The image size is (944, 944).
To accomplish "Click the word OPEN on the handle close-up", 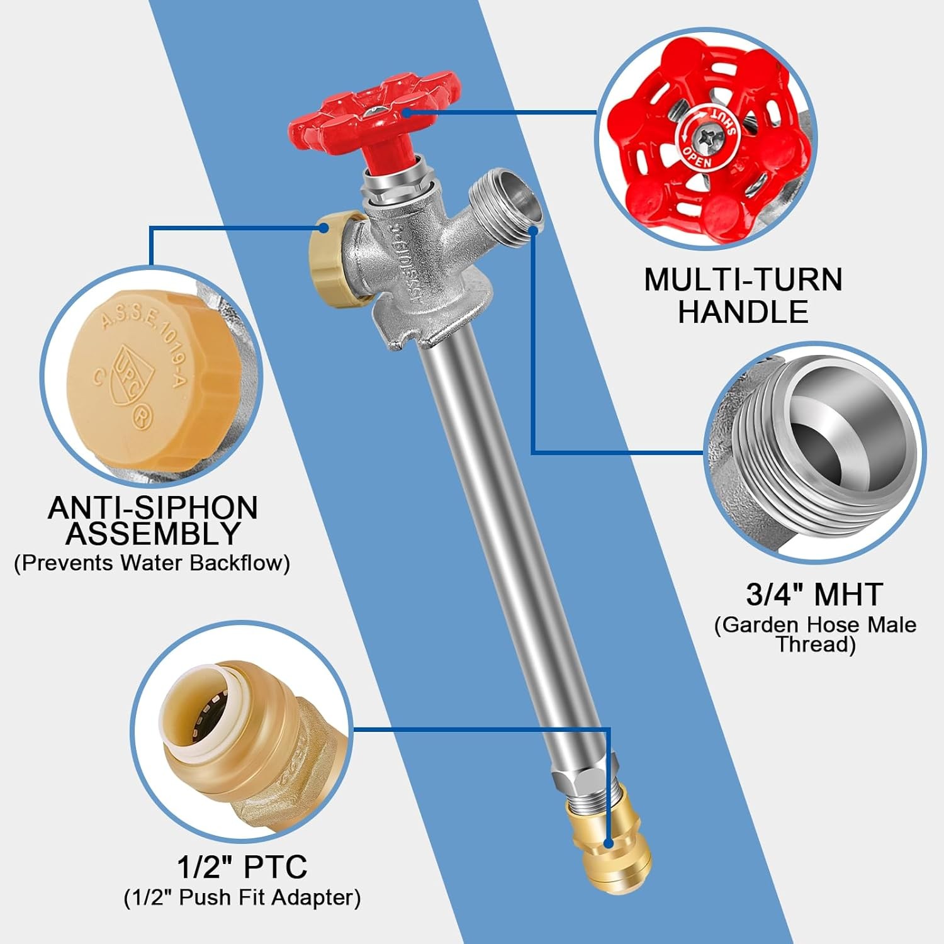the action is coord(697,158).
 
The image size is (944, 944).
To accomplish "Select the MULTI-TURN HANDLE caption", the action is coord(743,296).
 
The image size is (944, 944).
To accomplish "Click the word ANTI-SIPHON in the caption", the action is coord(153,508).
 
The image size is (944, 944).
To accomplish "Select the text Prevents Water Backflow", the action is coord(152,563).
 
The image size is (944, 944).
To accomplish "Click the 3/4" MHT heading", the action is coord(815,594).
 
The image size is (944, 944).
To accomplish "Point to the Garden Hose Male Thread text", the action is coord(815,634).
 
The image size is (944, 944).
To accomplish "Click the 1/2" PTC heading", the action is coord(242,867).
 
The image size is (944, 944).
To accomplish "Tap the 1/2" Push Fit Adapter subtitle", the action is coord(242,897).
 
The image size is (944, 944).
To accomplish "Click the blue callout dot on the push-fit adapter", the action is coord(608,843).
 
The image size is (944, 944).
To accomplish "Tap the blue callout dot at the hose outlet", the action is coord(533,230).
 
